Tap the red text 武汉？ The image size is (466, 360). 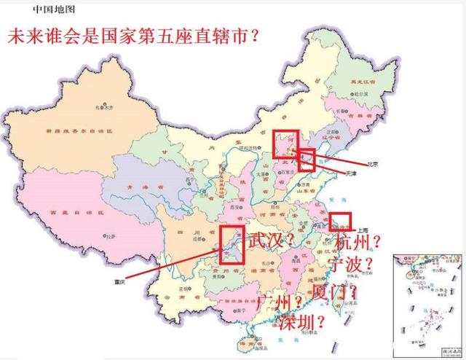272,240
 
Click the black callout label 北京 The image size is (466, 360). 374,164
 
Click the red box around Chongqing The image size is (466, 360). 231,244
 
